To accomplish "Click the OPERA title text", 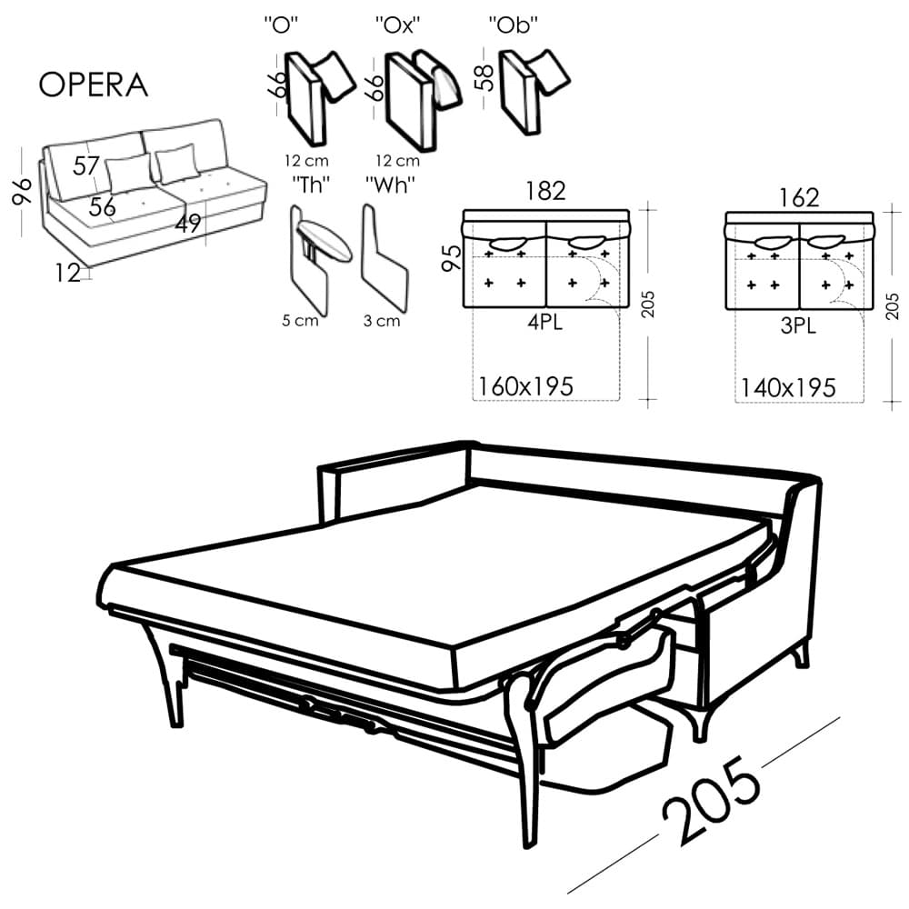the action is (x=94, y=85).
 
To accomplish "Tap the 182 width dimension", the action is (x=545, y=191).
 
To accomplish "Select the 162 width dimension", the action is (x=799, y=197).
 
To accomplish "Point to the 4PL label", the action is (x=544, y=323).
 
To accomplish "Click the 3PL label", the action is (x=798, y=325).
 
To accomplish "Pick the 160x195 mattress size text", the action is (x=525, y=386).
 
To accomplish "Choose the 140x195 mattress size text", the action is (x=788, y=388).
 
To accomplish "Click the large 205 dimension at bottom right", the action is (x=712, y=800).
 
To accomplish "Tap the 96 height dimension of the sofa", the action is (x=22, y=191).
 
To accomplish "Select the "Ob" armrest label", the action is (x=514, y=25).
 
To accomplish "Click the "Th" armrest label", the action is (x=311, y=185).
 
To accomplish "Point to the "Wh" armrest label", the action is (x=390, y=185).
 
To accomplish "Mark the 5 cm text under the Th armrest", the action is (x=300, y=321).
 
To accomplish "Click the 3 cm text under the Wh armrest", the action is (x=382, y=321).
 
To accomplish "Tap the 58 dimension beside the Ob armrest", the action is (x=484, y=77).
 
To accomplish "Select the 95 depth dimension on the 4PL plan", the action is (x=452, y=257).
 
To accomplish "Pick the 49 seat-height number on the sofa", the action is (x=188, y=224).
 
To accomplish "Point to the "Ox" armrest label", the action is (x=398, y=25).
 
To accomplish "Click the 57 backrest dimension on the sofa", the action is (x=86, y=166).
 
